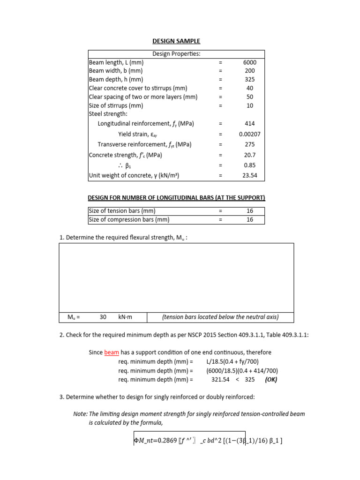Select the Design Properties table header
176,54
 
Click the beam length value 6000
249,62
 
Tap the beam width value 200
249,71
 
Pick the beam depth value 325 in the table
249,80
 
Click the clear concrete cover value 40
249,88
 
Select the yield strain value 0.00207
249,134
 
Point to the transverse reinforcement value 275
249,144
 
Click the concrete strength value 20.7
249,155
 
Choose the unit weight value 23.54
249,176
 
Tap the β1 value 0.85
249,165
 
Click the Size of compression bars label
129,219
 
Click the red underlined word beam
112,352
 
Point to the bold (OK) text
271,380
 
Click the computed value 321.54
221,380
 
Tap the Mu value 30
103,317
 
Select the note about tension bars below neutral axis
220,317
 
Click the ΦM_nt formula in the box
208,440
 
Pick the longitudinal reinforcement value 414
249,124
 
